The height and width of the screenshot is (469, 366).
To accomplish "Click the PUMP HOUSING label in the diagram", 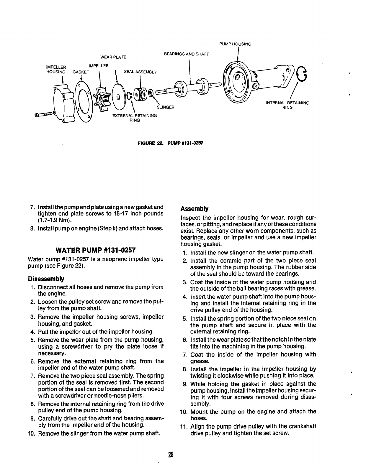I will point(235,44).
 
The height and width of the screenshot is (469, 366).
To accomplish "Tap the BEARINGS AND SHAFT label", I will point(186,54).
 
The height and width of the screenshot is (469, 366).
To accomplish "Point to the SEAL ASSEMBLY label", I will point(140,72).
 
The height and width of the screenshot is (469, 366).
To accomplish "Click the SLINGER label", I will point(166,107).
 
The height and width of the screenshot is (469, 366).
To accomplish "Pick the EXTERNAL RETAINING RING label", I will point(135,118).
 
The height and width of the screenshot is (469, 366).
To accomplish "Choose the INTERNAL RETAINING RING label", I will point(287,105).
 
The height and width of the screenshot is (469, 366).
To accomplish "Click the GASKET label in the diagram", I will point(81,72).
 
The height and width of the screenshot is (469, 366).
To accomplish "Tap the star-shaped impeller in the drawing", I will point(102,98).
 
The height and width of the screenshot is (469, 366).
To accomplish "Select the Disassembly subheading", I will point(46,279).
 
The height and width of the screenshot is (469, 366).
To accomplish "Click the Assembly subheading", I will point(194,209).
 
